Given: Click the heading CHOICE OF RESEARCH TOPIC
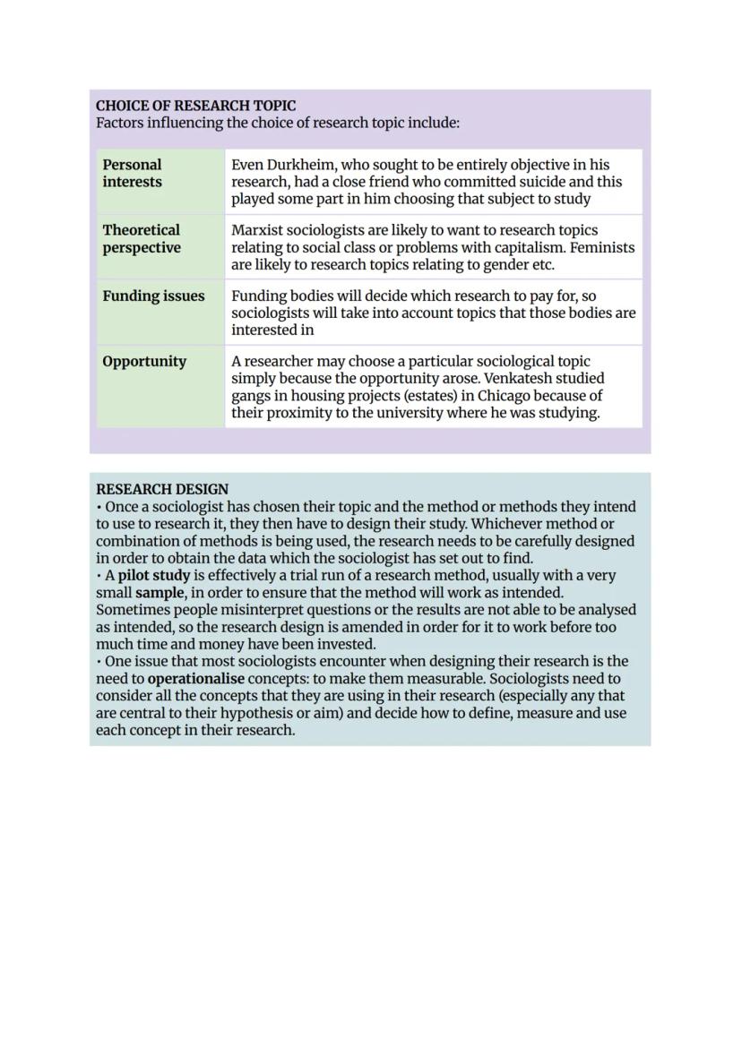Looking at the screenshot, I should (195, 106).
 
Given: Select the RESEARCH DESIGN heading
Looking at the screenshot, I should (162, 489).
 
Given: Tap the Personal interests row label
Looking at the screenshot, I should (133, 173).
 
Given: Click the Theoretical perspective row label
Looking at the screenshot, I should (142, 239).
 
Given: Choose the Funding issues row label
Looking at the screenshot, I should (153, 296).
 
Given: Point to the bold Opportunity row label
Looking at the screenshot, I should (144, 362).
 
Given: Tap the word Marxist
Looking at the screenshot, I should (257, 230).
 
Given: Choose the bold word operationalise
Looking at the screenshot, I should (196, 679).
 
